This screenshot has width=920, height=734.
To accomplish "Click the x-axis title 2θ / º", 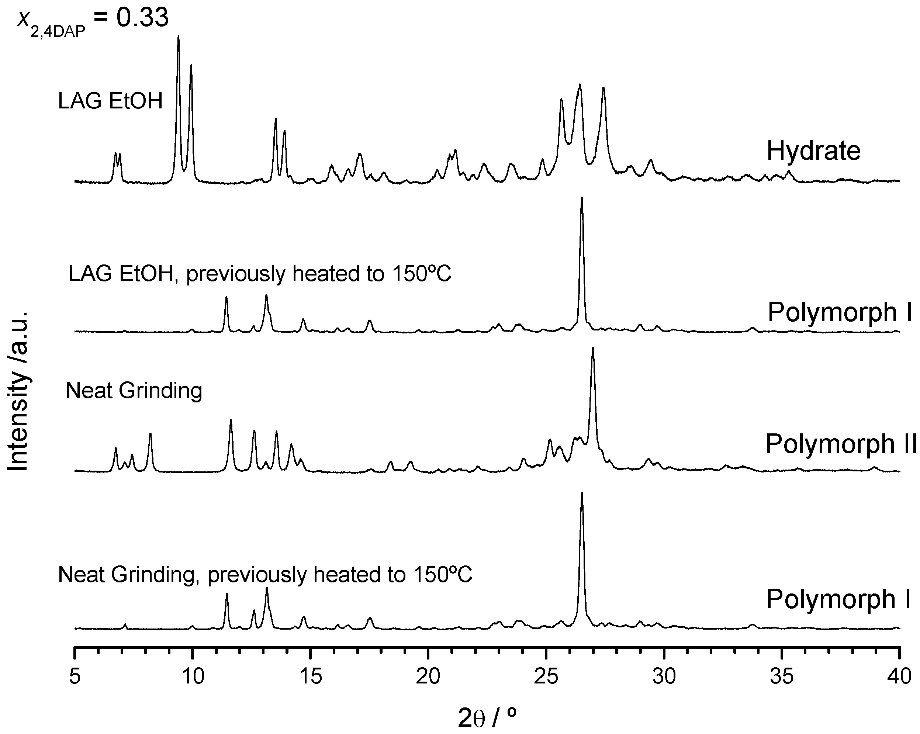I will coord(487,718).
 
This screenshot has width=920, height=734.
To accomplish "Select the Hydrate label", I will coord(813,151).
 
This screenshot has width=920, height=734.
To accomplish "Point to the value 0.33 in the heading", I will coord(142,18).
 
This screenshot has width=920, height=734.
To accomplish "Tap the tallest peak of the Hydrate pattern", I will coord(179,38).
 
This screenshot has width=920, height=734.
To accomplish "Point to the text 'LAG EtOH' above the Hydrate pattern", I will coord(111,101).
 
